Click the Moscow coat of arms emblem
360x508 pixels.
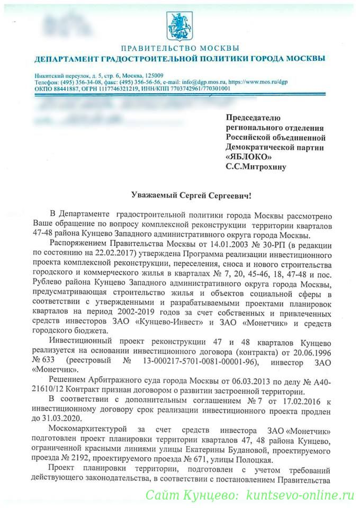click(x=179, y=24)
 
